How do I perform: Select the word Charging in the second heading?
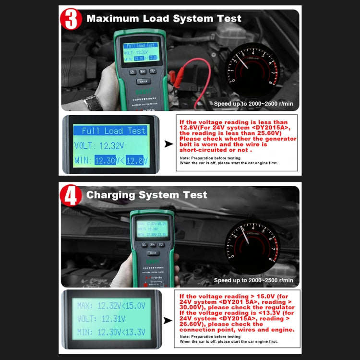(111, 194)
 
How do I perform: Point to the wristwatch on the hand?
(92, 102)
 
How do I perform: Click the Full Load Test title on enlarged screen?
(113, 131)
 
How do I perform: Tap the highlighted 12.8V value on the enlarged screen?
(138, 161)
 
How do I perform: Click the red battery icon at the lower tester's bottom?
(144, 285)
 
